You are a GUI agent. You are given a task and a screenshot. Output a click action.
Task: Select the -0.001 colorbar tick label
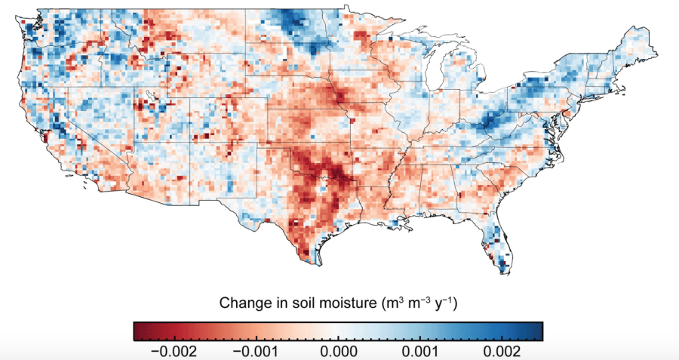click(x=256, y=351)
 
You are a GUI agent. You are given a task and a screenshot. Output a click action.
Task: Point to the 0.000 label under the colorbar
click(x=338, y=351)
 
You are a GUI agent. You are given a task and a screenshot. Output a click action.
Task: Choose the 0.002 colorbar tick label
click(x=502, y=351)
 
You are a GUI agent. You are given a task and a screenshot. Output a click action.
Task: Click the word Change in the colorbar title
click(x=241, y=303)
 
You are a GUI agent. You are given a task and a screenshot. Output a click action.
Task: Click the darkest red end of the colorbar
click(x=137, y=331)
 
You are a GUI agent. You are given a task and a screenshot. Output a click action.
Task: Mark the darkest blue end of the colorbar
click(x=539, y=331)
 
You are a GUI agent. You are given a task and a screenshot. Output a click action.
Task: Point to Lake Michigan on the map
click(x=432, y=79)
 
